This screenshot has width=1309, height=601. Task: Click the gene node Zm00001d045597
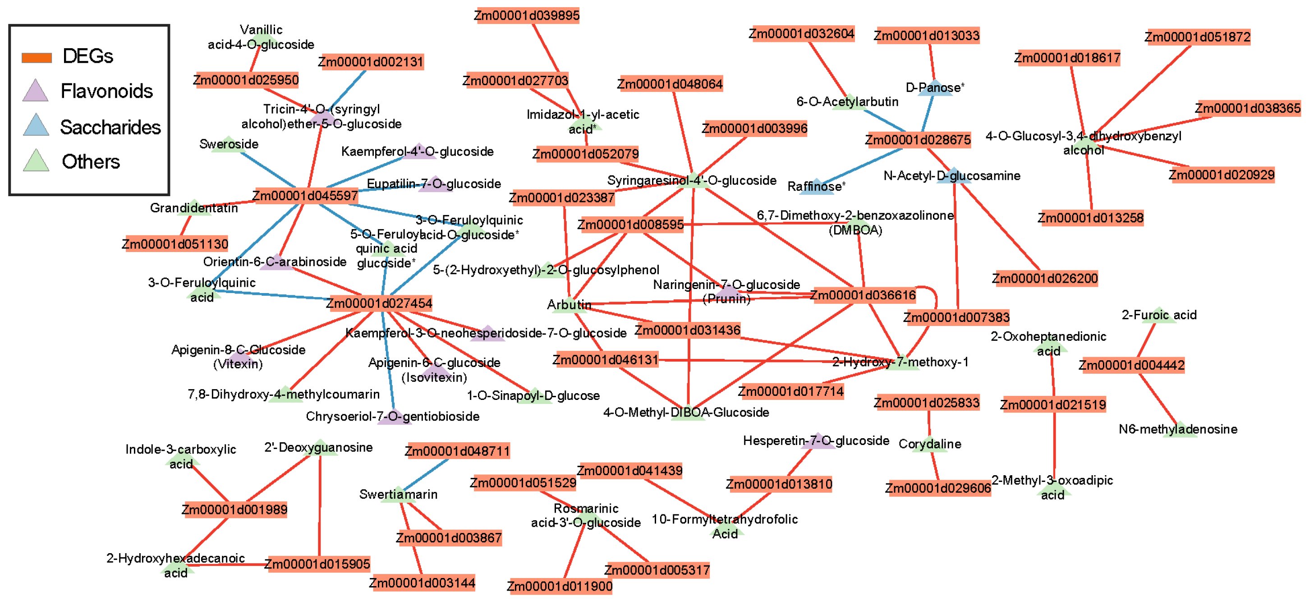point(305,196)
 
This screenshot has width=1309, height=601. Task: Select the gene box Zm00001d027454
point(379,303)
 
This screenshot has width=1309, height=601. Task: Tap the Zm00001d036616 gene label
point(863,295)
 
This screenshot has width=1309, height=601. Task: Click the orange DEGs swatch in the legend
point(37,57)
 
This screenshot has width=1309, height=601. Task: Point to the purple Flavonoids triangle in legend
point(36,92)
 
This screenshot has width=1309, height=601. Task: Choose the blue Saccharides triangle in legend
point(36,125)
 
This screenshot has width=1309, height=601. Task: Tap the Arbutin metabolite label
point(569,304)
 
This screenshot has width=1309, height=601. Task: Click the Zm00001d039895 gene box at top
point(527,16)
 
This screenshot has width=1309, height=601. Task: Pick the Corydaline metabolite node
point(930,444)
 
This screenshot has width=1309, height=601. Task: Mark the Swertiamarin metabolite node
point(399,494)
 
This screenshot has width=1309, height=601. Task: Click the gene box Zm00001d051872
point(1197,37)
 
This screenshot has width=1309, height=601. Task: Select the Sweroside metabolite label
point(229,144)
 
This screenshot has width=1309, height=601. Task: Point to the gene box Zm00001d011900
point(560,586)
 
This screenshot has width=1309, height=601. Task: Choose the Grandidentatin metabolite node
point(194,208)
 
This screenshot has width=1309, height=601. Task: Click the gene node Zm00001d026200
point(1045,278)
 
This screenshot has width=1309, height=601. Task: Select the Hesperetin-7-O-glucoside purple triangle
point(817,441)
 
